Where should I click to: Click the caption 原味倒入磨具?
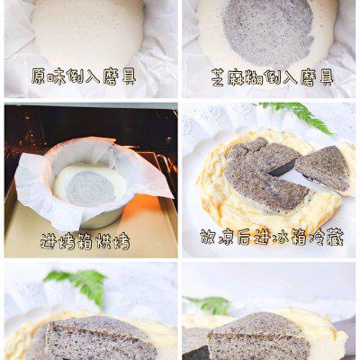point(84,77)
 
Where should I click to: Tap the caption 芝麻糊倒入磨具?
point(273,77)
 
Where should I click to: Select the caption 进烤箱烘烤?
point(85,241)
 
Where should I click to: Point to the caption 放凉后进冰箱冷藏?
point(272,238)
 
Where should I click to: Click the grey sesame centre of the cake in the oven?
point(90,188)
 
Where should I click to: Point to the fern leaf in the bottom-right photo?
point(210,305)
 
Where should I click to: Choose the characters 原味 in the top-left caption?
point(49,77)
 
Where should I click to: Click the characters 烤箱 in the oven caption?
point(76,241)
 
